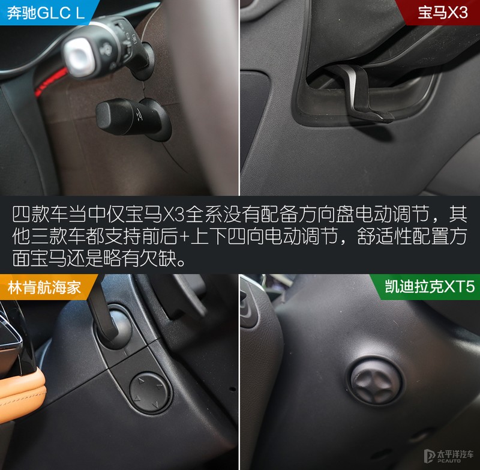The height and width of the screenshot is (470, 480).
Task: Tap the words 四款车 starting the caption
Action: [x=35, y=214]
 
